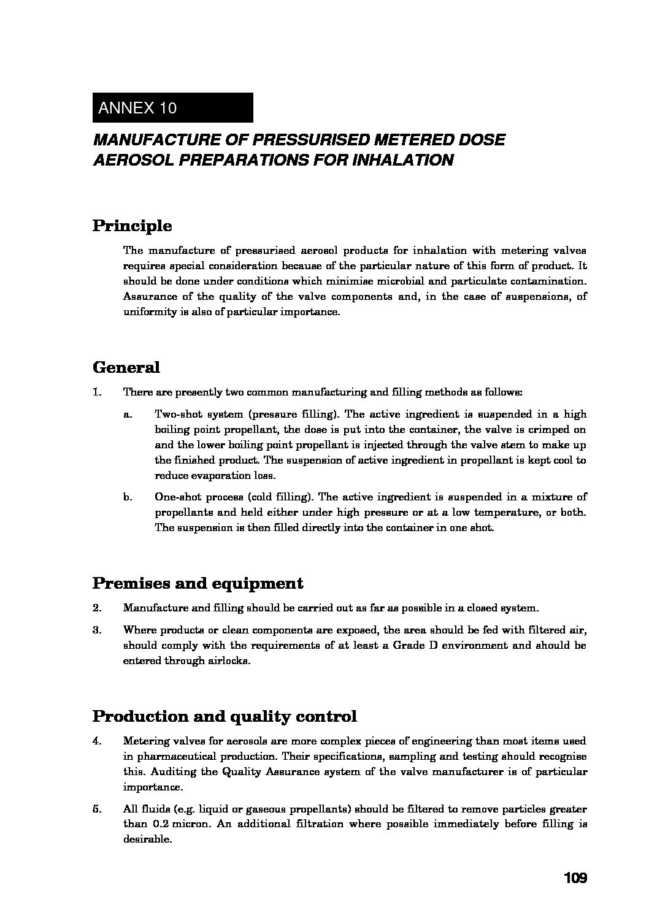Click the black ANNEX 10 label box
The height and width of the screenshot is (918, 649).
[172, 108]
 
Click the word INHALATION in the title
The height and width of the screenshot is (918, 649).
[403, 161]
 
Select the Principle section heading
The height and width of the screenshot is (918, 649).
[132, 226]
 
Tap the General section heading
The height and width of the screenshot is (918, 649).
[126, 368]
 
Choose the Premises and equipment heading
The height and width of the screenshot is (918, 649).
[198, 583]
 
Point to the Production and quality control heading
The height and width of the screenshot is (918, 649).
[225, 716]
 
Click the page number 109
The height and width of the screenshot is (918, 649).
[575, 879]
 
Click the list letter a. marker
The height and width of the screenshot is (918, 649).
[128, 415]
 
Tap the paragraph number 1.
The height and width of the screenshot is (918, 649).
[96, 392]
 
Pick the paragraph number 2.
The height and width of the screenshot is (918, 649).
[96, 608]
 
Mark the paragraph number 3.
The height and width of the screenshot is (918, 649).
[96, 630]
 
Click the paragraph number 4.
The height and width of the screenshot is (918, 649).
[96, 741]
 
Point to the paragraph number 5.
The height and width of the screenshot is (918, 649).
[96, 809]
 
